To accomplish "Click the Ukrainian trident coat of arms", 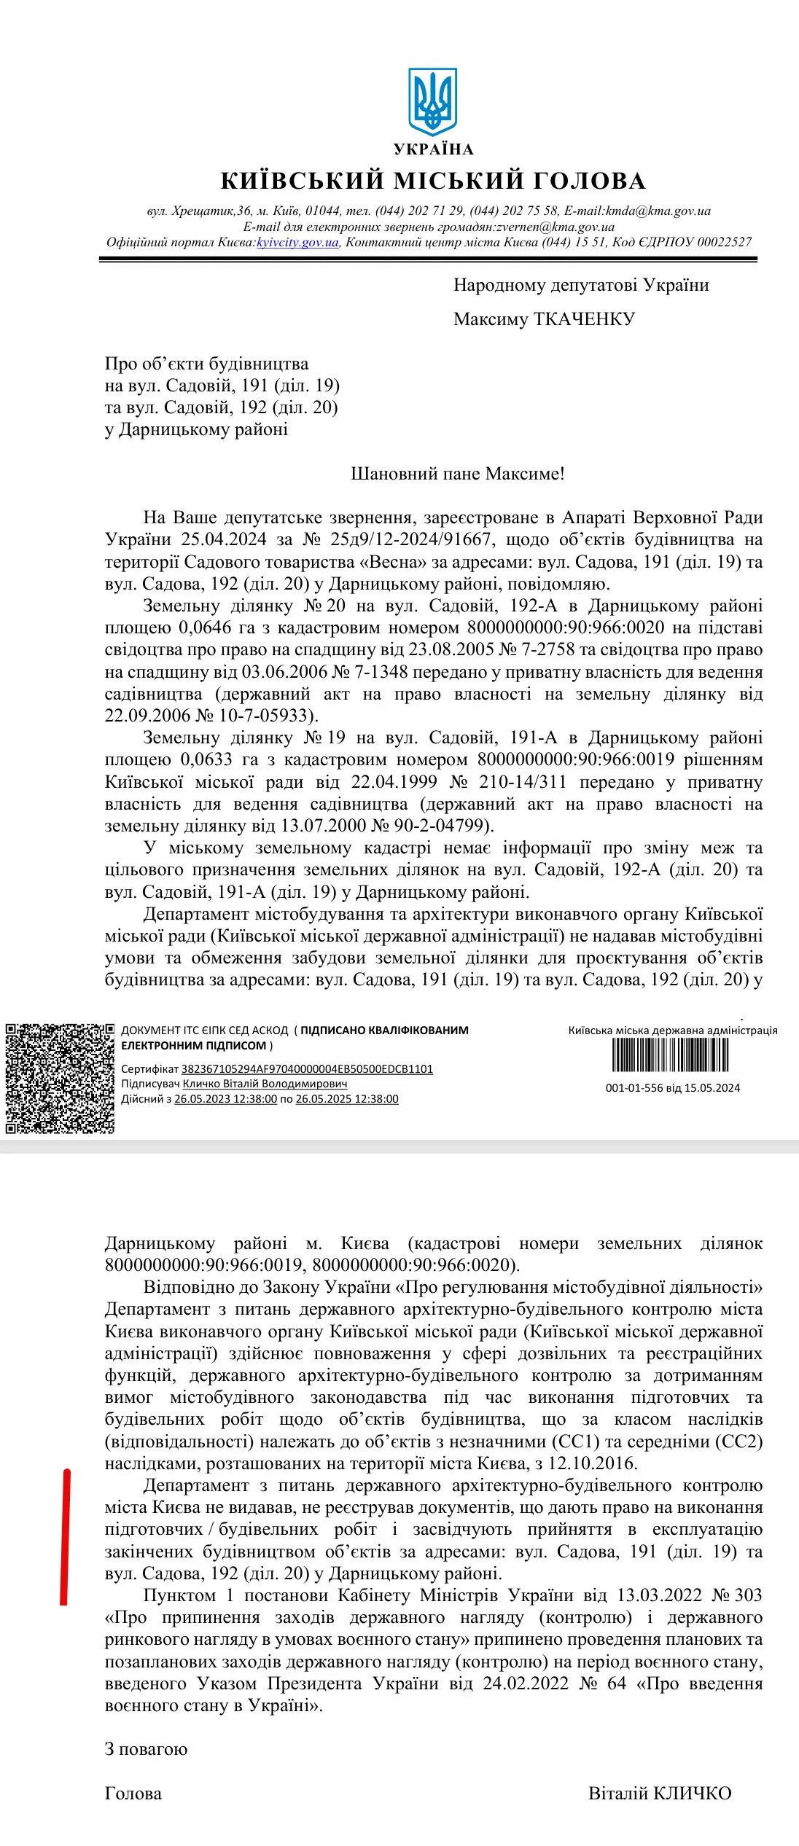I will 433,101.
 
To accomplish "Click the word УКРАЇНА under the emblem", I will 434,149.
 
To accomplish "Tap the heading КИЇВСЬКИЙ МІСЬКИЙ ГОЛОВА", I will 433,181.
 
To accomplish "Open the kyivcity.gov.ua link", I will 297,243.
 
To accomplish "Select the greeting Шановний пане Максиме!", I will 458,474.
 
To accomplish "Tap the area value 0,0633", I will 206,759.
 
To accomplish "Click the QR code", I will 60,1079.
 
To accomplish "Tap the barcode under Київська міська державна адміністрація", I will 670,1055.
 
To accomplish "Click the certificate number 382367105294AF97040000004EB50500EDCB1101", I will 307,1069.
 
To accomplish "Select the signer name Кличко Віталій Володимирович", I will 265,1084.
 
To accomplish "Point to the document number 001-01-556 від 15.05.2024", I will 672,1088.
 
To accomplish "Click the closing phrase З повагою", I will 146,1749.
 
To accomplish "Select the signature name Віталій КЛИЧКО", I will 660,1794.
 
